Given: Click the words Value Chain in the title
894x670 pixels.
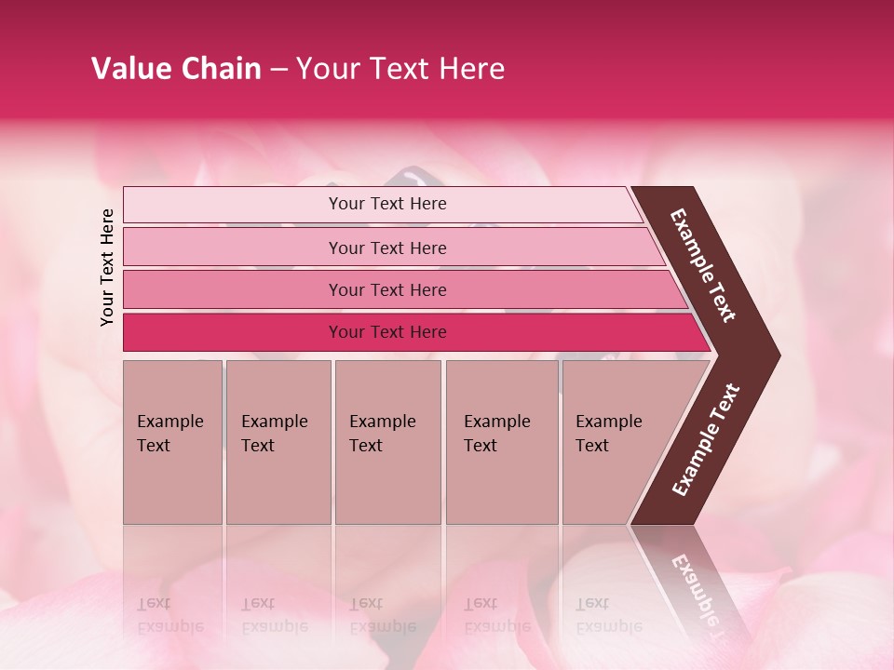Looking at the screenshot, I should pyautogui.click(x=176, y=69).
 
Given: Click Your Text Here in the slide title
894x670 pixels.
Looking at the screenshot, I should pyautogui.click(x=400, y=69).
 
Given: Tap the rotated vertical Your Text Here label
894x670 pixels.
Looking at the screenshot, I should pyautogui.click(x=107, y=267).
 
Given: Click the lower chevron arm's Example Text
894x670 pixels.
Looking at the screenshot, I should pyautogui.click(x=706, y=440).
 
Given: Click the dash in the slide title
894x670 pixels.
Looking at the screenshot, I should pyautogui.click(x=278, y=70).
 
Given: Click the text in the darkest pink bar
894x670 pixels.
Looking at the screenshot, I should pyautogui.click(x=387, y=332).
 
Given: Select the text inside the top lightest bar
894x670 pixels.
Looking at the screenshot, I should pyautogui.click(x=387, y=204).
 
